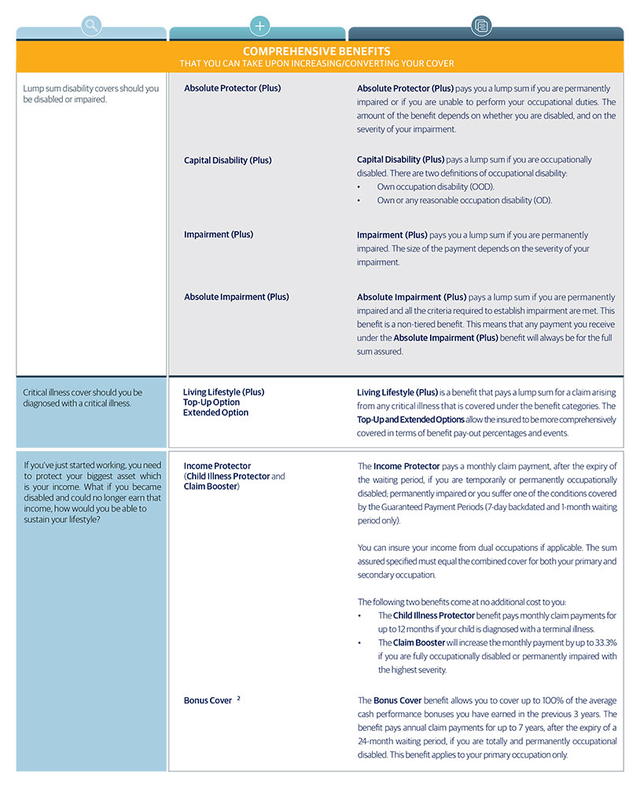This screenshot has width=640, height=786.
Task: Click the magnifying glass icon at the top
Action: point(92,26)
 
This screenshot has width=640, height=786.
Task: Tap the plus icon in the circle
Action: point(259,26)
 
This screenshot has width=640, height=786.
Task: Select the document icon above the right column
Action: point(481,26)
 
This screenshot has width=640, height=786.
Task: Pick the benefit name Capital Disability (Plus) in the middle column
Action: point(227,160)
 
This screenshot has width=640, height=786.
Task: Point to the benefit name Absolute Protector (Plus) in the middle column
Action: point(232,88)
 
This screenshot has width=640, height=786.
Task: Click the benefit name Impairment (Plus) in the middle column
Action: point(219,235)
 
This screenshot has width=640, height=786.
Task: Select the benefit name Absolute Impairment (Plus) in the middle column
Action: point(236,297)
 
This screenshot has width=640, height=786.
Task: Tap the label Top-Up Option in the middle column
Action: point(211,402)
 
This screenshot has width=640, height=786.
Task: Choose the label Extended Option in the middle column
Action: point(215,413)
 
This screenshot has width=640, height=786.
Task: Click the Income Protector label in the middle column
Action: point(217,466)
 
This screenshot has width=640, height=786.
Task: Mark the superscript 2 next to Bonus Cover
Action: point(238,698)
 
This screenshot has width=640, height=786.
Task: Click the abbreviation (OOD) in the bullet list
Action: point(481,187)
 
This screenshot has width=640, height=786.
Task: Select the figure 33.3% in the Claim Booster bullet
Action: point(602,642)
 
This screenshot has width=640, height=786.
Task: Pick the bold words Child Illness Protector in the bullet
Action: point(437,615)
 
